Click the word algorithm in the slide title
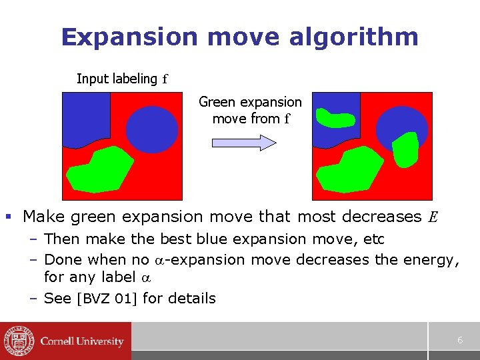click(354, 37)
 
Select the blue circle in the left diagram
click(152, 128)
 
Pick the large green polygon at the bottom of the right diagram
click(350, 171)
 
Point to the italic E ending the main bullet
click(433, 217)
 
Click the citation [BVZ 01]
click(109, 299)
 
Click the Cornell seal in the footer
click(17, 341)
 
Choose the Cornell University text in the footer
click(82, 341)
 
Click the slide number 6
click(460, 340)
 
